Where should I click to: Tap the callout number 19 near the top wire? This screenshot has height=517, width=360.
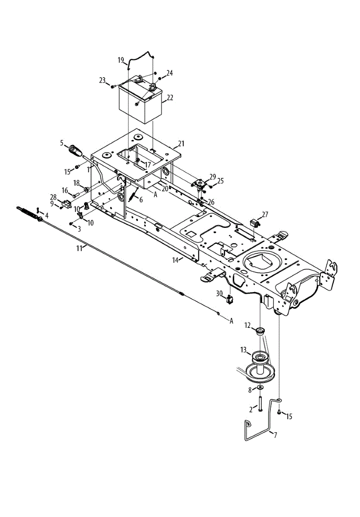pyautogui.click(x=121, y=60)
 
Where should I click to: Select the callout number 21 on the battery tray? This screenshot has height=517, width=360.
pyautogui.click(x=181, y=143)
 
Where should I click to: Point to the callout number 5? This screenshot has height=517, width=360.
pyautogui.click(x=62, y=143)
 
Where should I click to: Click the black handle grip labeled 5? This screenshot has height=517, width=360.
pyautogui.click(x=77, y=151)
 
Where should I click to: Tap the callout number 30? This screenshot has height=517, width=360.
pyautogui.click(x=219, y=293)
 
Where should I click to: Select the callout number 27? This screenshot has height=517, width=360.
pyautogui.click(x=265, y=214)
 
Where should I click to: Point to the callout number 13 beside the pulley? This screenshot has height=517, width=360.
pyautogui.click(x=243, y=349)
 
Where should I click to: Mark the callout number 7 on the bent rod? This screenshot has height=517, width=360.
pyautogui.click(x=275, y=435)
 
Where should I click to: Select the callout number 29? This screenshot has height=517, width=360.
pyautogui.click(x=213, y=176)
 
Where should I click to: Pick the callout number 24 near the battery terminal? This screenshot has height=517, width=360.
pyautogui.click(x=169, y=73)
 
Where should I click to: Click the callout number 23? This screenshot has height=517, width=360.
pyautogui.click(x=102, y=80)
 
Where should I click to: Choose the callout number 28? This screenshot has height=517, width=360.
pyautogui.click(x=53, y=197)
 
